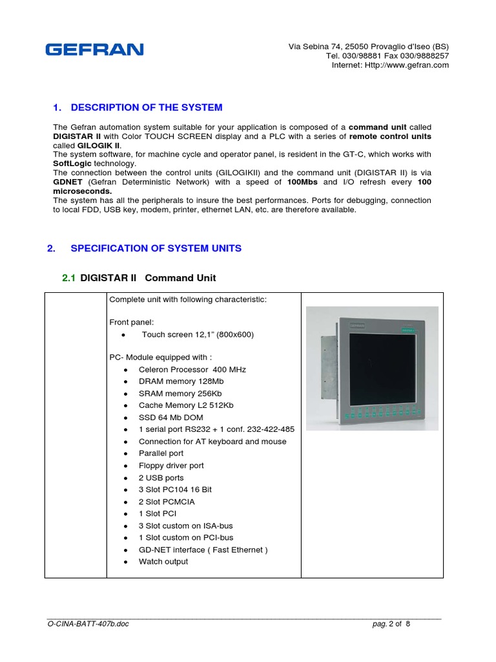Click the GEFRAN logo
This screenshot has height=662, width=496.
click(94, 50)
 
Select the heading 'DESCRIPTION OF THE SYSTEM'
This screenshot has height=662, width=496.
click(147, 107)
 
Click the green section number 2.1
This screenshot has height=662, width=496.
click(68, 278)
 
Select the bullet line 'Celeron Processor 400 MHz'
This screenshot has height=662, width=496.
click(192, 370)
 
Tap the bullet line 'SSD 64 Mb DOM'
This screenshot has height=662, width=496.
click(170, 418)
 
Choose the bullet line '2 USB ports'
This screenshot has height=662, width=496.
click(161, 478)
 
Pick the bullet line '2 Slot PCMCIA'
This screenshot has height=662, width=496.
click(166, 502)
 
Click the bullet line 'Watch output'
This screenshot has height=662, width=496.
click(163, 562)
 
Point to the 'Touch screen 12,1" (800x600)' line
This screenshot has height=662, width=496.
click(198, 334)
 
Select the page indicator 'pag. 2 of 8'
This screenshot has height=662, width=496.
click(391, 625)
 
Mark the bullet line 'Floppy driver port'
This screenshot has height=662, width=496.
click(171, 465)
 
